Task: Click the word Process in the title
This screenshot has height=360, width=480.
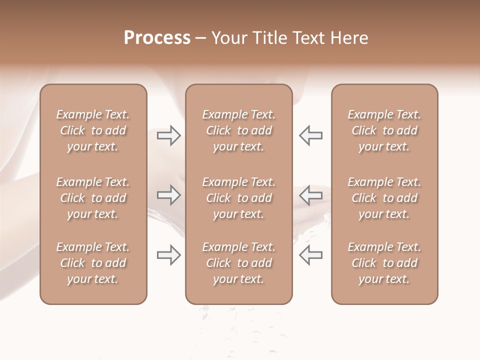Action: click(x=157, y=38)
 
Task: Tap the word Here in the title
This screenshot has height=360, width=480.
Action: click(x=350, y=38)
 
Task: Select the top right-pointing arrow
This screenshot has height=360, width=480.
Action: click(x=168, y=135)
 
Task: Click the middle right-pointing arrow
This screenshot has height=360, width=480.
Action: click(x=168, y=195)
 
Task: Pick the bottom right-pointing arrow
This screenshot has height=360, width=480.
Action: click(x=168, y=255)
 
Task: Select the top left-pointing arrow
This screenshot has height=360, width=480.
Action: click(x=310, y=135)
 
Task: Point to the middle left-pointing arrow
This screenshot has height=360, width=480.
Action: click(x=310, y=195)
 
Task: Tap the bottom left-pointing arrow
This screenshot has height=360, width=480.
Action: click(x=310, y=255)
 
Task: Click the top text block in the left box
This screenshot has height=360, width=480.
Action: click(x=93, y=130)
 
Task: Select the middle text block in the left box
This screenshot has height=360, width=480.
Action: click(x=93, y=198)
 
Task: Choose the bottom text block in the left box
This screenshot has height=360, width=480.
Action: click(x=93, y=263)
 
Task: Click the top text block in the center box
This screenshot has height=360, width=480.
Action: click(x=238, y=130)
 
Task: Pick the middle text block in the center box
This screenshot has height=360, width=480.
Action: click(x=238, y=198)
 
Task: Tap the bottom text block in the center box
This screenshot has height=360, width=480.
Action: click(x=238, y=263)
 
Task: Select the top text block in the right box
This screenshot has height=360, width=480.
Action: click(x=384, y=130)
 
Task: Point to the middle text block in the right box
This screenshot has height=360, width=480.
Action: click(x=384, y=198)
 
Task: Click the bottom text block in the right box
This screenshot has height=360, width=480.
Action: click(x=384, y=263)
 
